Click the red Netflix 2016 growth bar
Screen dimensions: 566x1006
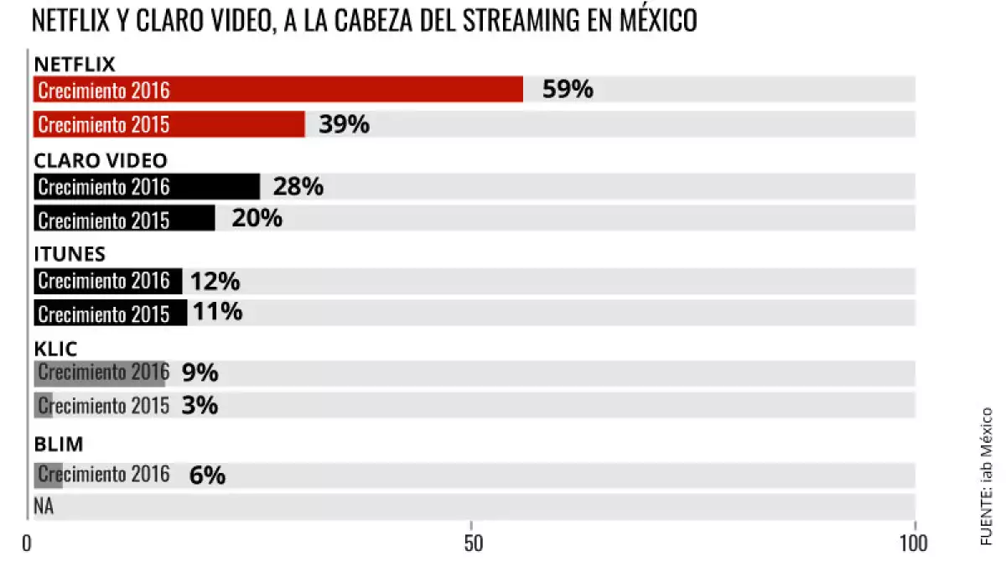click(277, 90)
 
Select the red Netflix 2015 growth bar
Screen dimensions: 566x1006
click(169, 124)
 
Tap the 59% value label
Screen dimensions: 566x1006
click(568, 90)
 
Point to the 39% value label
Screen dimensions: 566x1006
click(344, 124)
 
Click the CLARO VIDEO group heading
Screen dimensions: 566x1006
click(100, 160)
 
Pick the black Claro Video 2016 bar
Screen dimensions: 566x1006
click(147, 187)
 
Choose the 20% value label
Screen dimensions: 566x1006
click(257, 219)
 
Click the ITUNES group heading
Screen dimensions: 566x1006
click(69, 254)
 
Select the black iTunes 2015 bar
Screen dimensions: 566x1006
click(110, 313)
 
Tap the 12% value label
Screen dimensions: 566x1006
click(215, 282)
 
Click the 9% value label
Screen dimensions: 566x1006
click(200, 372)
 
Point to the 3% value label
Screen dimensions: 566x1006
click(200, 406)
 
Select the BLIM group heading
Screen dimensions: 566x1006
click(58, 444)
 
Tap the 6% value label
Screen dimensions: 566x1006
click(207, 475)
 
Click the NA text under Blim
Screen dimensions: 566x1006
click(44, 506)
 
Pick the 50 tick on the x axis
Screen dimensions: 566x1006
click(472, 543)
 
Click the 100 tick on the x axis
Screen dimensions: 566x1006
click(913, 543)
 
